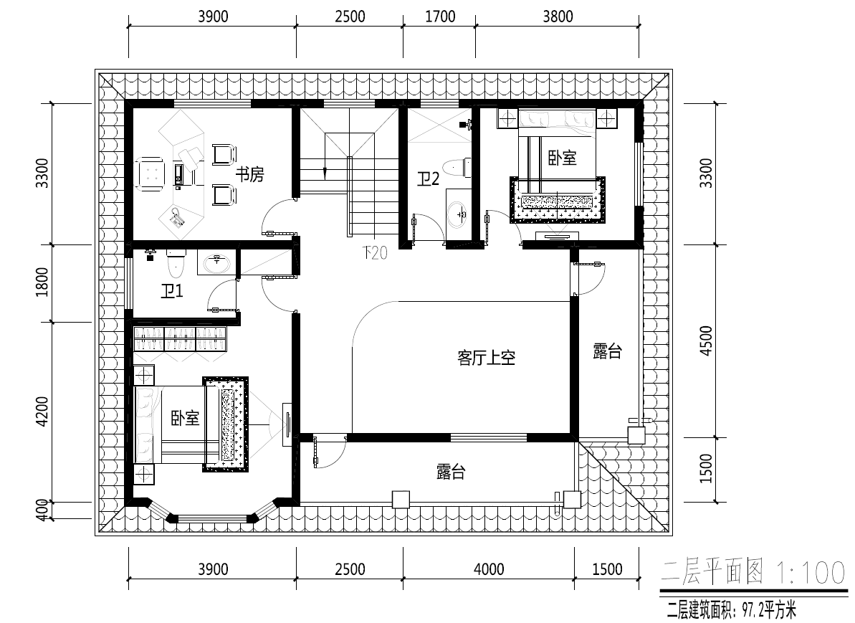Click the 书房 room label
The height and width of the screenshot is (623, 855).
[249, 175]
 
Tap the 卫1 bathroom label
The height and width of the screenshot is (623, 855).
[172, 291]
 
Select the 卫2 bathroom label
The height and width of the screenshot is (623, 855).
[428, 179]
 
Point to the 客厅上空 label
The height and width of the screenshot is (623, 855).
[487, 358]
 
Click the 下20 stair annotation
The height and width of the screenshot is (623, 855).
[375, 252]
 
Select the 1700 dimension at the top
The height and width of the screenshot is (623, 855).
[440, 16]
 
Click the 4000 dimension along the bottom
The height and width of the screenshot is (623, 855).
[489, 569]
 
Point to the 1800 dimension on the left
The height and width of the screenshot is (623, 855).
[42, 282]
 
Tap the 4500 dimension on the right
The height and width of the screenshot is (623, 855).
[706, 341]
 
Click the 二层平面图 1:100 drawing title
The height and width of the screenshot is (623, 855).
[753, 573]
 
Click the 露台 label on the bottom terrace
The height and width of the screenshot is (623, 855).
[450, 472]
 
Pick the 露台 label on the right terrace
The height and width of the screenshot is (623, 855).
[607, 351]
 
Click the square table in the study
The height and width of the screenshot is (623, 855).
[150, 175]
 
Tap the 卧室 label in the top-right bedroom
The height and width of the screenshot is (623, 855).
[562, 158]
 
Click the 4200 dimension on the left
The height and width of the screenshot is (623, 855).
[42, 412]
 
